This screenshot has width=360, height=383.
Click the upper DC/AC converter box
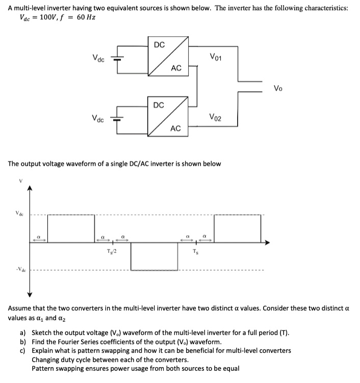167,57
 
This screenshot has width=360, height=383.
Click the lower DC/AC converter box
167,117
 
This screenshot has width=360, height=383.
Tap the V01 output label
216,56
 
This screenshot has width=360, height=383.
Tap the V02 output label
216,118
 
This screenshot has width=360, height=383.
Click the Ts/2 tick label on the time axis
111,251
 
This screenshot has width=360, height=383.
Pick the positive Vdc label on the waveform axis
19,214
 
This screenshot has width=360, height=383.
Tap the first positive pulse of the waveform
71,228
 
